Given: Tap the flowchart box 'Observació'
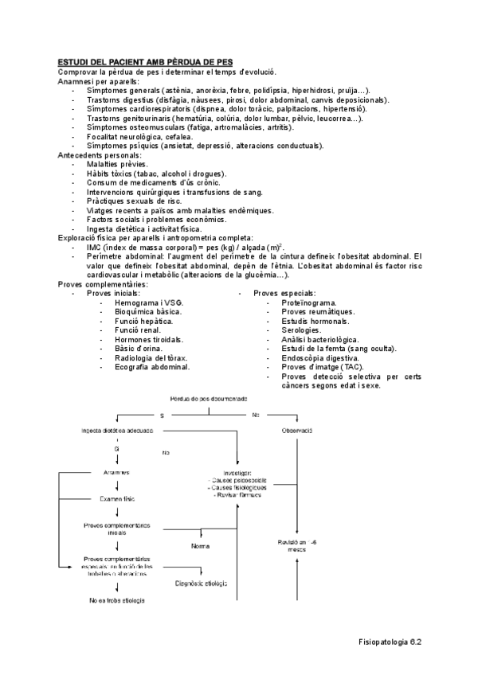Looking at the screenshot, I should point(296,431).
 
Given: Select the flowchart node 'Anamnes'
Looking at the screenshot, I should point(116,472).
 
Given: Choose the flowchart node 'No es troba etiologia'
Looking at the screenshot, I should point(116,599).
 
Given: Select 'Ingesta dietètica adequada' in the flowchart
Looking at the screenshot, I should point(117,431).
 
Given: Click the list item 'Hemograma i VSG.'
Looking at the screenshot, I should point(148,303).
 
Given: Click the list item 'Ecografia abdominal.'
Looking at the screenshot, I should point(152,367).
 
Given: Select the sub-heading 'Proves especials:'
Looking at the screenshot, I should point(284,293).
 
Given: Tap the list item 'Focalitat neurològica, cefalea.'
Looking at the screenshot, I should point(139,136).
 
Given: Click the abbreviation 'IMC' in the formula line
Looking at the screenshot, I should point(96,247).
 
